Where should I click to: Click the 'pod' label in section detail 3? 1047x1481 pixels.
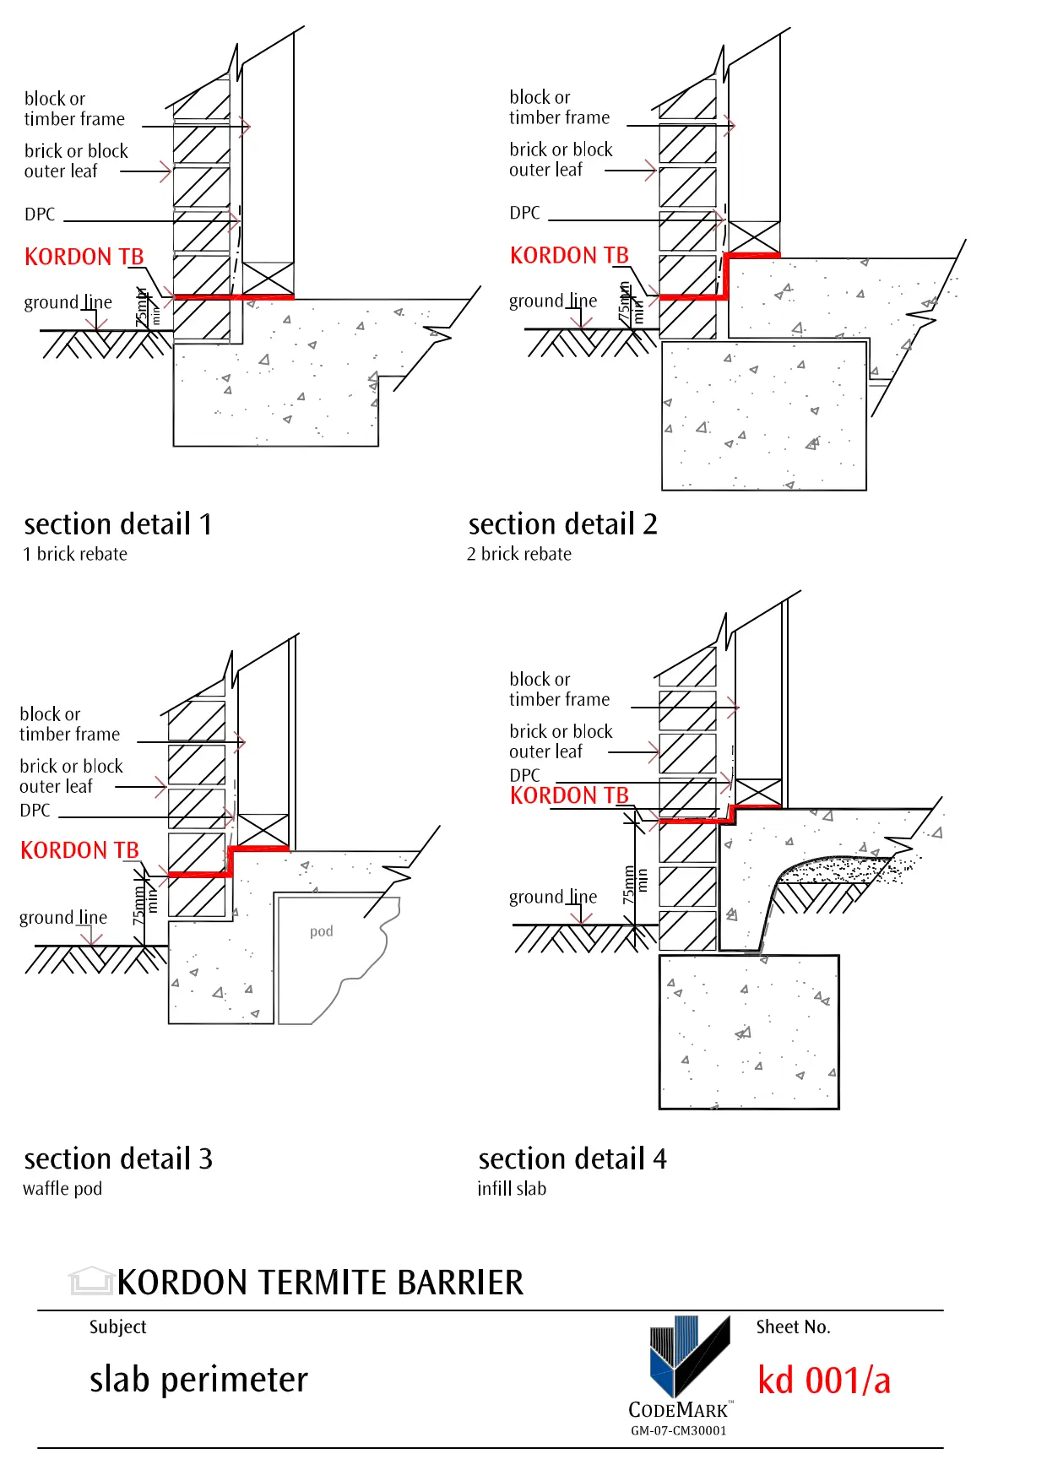click(x=321, y=931)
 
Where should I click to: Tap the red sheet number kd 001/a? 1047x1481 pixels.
click(x=824, y=1381)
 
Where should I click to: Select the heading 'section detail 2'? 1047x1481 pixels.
click(x=562, y=524)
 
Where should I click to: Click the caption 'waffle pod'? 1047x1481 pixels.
click(x=62, y=1189)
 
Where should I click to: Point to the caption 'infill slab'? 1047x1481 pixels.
click(x=512, y=1189)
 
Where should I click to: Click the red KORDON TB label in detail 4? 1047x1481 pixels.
click(x=569, y=795)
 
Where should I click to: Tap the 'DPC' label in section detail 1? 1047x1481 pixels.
click(x=40, y=214)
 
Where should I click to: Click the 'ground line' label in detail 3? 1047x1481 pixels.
click(x=63, y=918)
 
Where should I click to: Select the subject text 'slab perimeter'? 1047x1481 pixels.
click(x=198, y=1380)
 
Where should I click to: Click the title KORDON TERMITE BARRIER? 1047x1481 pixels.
click(x=320, y=1283)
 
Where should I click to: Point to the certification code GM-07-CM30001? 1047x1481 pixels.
click(x=678, y=1430)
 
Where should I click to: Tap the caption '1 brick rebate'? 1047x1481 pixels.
click(x=75, y=554)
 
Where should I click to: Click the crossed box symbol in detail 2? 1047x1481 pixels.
click(x=754, y=237)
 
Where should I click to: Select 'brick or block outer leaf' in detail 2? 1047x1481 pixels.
click(x=561, y=160)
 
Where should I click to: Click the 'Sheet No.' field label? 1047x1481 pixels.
click(x=793, y=1326)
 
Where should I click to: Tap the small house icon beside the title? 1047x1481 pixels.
click(x=91, y=1281)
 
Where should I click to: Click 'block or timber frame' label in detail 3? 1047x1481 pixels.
click(x=70, y=724)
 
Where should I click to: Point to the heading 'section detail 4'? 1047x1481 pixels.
click(x=572, y=1158)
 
